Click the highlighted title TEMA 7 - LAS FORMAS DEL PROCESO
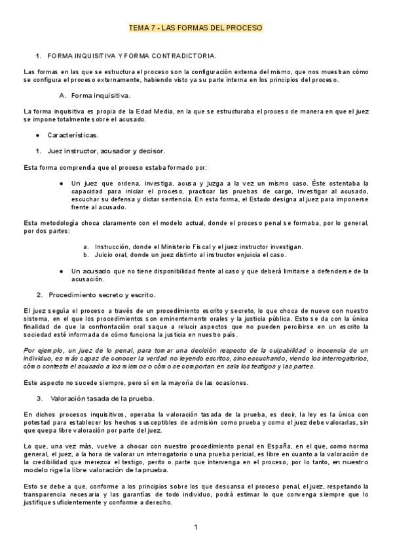pyautogui.click(x=196, y=28)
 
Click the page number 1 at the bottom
pyautogui.click(x=196, y=527)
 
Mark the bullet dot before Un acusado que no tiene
pyautogui.click(x=61, y=271)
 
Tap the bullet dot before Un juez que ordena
pyautogui.click(x=61, y=183)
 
